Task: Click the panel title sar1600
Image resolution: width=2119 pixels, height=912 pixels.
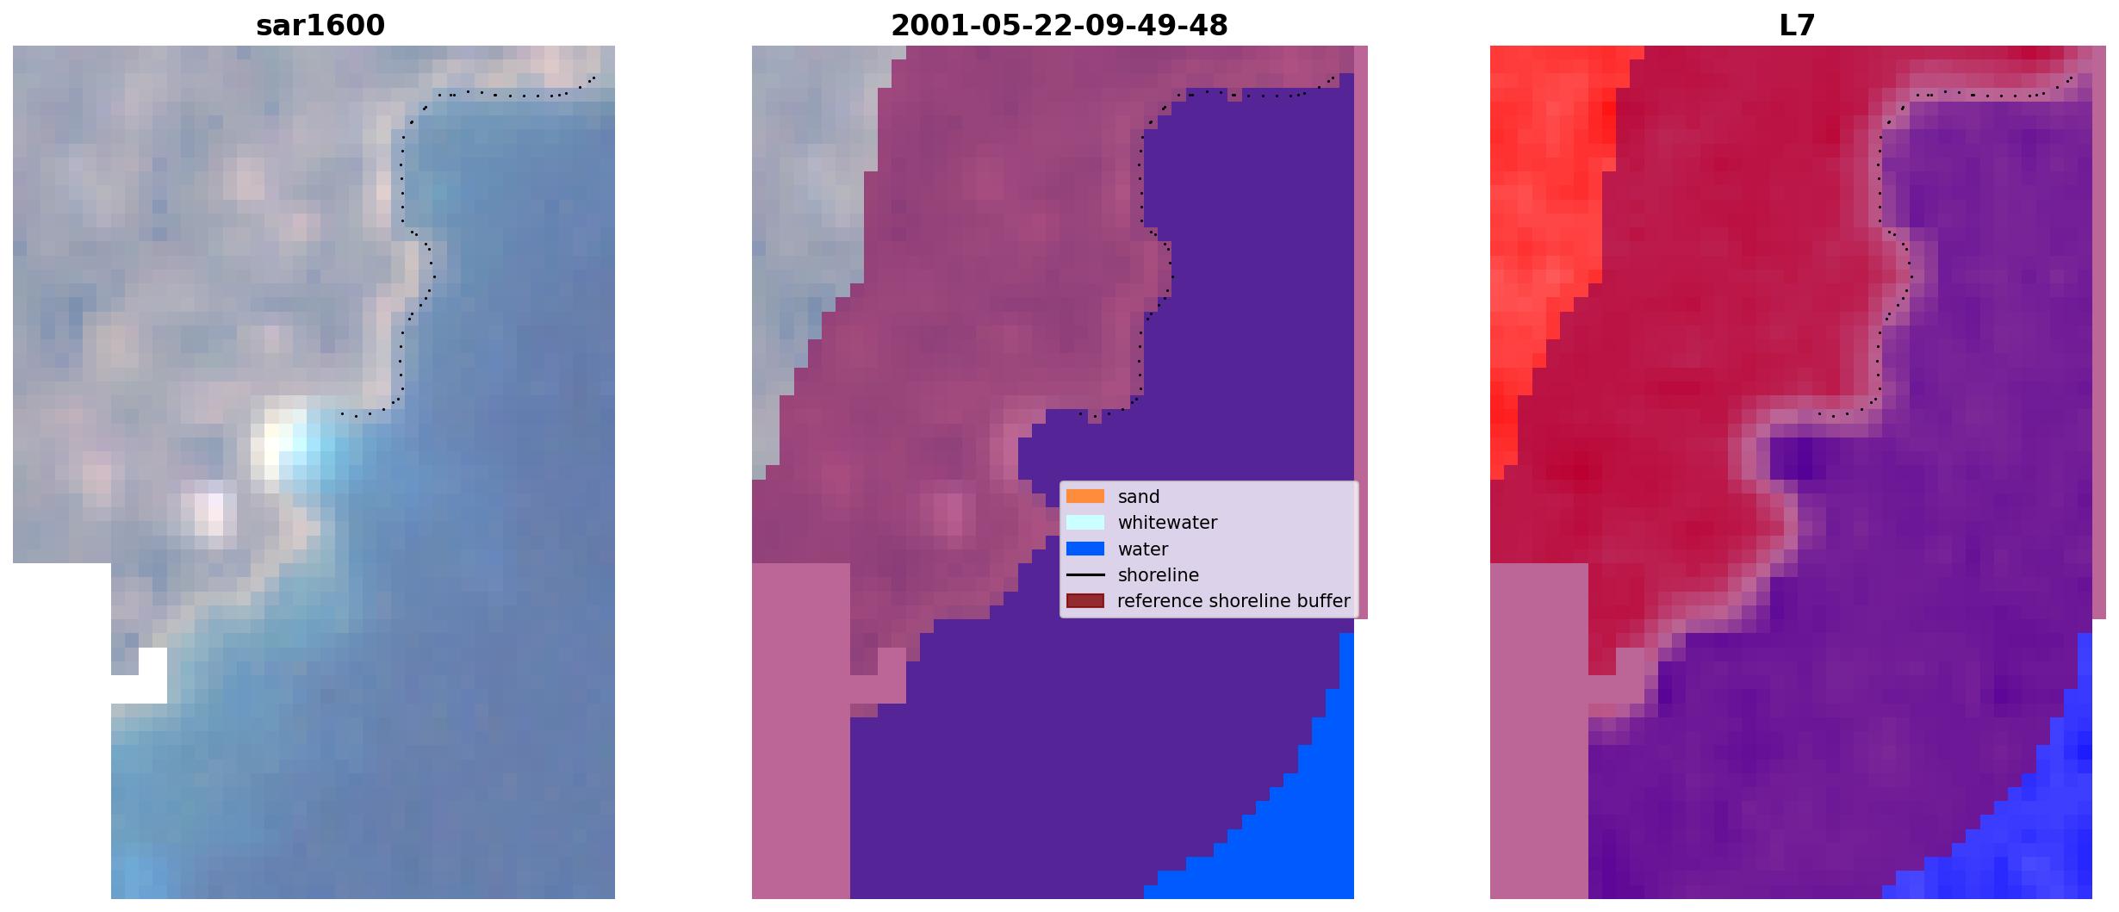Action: (320, 25)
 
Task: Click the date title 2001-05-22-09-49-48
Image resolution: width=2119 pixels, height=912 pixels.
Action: (1059, 25)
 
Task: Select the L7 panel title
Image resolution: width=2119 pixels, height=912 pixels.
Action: (1797, 25)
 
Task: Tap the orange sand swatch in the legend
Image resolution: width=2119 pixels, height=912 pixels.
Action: (1085, 496)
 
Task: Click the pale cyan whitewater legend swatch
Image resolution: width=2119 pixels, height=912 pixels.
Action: (1085, 522)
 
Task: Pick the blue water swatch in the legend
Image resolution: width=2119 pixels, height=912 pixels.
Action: (1085, 549)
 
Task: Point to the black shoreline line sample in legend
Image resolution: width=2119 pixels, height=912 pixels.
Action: (1085, 574)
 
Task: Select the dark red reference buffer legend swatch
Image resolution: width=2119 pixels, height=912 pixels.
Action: (1085, 600)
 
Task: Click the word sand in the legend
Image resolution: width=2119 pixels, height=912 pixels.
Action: (1139, 497)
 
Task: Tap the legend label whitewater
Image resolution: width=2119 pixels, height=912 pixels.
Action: (1167, 523)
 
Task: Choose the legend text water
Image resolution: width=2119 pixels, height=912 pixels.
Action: (1143, 549)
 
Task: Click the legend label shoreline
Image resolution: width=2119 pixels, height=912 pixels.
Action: (1159, 574)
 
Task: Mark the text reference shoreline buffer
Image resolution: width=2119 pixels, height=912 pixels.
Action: (1233, 601)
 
